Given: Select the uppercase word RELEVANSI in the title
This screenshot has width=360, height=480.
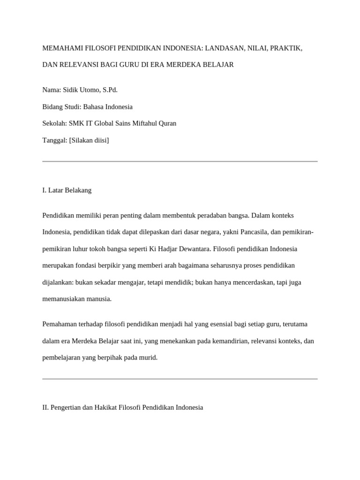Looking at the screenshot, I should (x=75, y=64).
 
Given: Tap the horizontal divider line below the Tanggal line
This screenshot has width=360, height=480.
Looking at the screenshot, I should (x=180, y=161).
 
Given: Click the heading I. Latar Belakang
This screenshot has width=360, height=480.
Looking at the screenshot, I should (x=67, y=190).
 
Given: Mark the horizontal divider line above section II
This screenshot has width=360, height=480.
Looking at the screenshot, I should (x=180, y=379).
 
